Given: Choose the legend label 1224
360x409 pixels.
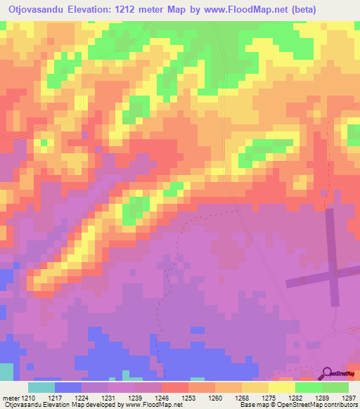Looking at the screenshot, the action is [91, 397].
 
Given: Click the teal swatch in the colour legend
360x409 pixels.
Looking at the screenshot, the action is [41, 387].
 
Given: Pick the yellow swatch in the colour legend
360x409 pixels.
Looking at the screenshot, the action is [282, 387].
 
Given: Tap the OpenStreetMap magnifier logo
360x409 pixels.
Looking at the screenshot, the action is [327, 374].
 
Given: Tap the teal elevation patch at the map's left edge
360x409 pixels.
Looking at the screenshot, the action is [6, 372].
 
